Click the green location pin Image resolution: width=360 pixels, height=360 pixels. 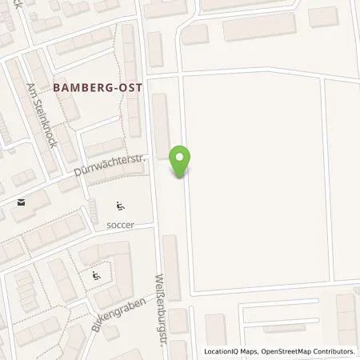pyautogui.click(x=182, y=159)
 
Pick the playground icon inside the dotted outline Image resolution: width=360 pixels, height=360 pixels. pyautogui.click(x=97, y=275)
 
